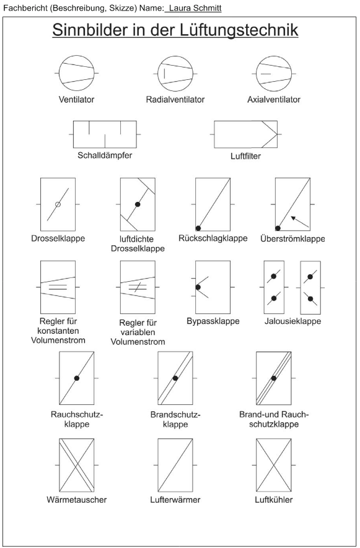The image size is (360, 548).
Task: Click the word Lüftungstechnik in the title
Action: [239, 30]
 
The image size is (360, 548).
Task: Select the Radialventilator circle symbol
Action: [175, 74]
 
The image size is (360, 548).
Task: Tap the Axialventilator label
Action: [274, 100]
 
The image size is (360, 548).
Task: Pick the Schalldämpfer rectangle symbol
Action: [105, 134]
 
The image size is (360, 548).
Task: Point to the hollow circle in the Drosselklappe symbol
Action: [58, 204]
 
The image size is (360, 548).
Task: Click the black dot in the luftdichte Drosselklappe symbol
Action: [138, 204]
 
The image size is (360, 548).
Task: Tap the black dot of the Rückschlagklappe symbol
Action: [198, 228]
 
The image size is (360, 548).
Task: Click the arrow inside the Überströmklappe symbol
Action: [300, 222]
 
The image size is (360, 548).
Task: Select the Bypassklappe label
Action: [213, 321]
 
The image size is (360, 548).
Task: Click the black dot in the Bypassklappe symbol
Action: [198, 287]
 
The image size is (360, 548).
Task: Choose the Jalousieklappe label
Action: [293, 321]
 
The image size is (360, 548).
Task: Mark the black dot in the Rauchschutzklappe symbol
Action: [77, 378]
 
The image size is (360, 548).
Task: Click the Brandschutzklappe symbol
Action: [175, 378]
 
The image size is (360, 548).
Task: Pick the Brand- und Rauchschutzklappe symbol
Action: [274, 378]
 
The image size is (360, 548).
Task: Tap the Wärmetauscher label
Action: [77, 500]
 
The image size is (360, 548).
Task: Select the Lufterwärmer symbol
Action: [175, 465]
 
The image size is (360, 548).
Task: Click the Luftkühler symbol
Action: [274, 465]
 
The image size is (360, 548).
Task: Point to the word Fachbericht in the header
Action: [25, 8]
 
